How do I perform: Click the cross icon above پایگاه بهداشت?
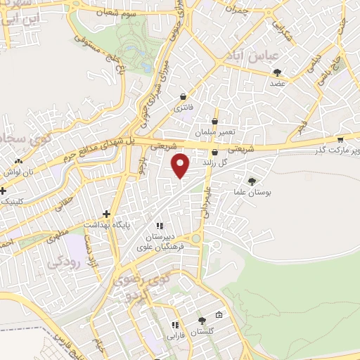tap(107, 214)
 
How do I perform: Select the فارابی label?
tap(174, 336)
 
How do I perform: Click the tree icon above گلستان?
tap(202, 321)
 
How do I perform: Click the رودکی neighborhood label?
tap(65, 262)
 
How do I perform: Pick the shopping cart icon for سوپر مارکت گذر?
tap(340, 139)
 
